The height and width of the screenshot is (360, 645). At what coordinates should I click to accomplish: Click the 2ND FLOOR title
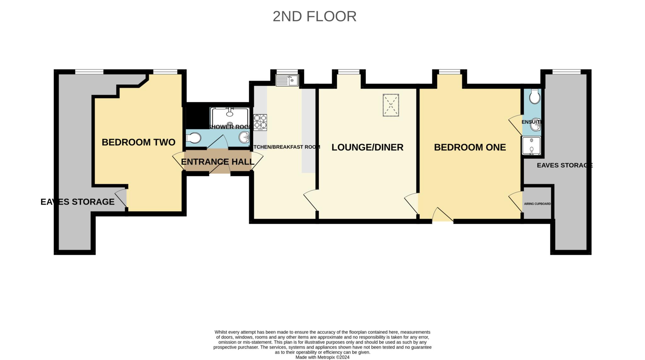tap(314, 16)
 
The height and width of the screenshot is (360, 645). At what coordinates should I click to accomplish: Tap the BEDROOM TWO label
tap(138, 142)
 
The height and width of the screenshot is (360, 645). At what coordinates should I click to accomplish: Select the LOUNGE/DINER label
tap(367, 147)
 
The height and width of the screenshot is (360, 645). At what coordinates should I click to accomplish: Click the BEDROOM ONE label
tap(470, 147)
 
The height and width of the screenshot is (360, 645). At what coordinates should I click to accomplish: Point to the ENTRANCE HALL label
tap(218, 162)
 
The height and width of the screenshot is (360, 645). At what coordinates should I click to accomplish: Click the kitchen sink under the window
tap(287, 80)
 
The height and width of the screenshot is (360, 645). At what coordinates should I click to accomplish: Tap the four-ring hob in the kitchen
tap(260, 122)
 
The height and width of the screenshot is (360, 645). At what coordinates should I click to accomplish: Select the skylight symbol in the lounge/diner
tap(391, 105)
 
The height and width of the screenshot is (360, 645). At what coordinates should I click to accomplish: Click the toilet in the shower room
tap(193, 138)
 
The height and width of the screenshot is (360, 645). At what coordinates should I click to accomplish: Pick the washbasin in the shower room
tap(244, 137)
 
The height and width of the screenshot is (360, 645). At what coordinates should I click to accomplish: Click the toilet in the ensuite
tap(534, 97)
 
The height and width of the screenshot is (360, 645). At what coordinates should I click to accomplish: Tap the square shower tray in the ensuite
tap(531, 146)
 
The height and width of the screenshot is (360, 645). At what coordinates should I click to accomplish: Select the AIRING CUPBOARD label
tap(537, 204)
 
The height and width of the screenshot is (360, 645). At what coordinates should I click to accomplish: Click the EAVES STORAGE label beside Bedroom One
tap(564, 165)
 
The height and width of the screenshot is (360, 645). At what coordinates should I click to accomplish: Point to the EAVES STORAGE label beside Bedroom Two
tap(77, 202)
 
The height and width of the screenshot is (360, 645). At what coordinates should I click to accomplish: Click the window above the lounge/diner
tap(349, 72)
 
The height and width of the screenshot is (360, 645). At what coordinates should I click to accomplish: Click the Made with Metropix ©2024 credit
tap(322, 357)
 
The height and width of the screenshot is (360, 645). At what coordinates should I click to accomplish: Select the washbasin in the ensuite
tap(535, 125)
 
